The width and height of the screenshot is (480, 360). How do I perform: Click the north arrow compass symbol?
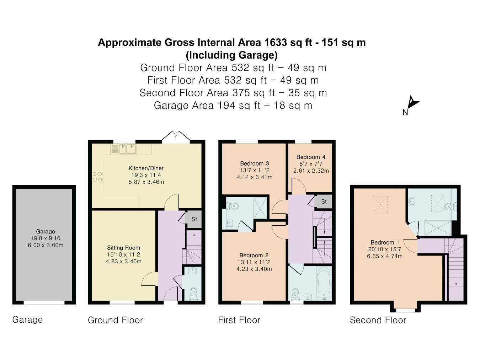click(x=412, y=103)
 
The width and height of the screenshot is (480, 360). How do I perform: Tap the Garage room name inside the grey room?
click(x=45, y=231)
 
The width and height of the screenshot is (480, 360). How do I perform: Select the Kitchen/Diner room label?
click(x=146, y=168)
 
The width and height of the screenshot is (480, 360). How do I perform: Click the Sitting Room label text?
click(x=123, y=248)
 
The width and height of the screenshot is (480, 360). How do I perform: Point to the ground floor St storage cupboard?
click(x=194, y=219)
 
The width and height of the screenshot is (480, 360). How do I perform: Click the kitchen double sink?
click(x=127, y=149)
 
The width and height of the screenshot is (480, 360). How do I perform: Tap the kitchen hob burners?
click(x=97, y=177)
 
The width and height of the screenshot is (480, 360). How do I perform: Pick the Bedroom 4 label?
click(x=311, y=157)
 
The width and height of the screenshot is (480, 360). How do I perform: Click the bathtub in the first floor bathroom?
click(x=324, y=283)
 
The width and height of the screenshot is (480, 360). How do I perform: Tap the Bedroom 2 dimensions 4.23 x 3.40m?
click(x=254, y=269)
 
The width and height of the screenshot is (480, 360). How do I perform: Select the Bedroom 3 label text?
click(x=254, y=163)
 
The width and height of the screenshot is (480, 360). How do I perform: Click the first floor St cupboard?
click(x=324, y=202)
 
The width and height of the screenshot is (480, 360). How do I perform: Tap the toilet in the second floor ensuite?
click(x=450, y=206)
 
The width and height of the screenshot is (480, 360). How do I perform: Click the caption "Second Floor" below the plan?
click(x=378, y=320)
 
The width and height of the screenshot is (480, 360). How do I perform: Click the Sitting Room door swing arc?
click(x=149, y=279)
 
